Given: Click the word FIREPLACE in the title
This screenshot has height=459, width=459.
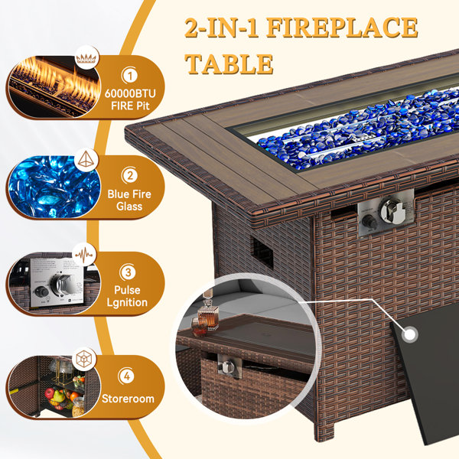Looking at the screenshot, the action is click(x=342, y=28).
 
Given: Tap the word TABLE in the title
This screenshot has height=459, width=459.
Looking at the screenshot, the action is click(x=229, y=63).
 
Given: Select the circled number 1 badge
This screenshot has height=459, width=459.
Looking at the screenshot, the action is click(x=130, y=76).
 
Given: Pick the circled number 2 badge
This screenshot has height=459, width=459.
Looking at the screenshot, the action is click(x=130, y=175).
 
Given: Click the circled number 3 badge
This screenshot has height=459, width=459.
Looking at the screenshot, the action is click(x=128, y=272).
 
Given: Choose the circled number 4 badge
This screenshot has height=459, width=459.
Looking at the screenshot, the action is click(x=127, y=376).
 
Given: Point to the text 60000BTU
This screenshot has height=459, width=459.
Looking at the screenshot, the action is click(x=130, y=93).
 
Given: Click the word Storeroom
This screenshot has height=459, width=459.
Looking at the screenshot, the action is click(x=128, y=399).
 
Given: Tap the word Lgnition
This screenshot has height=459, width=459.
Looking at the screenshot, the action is click(x=127, y=302).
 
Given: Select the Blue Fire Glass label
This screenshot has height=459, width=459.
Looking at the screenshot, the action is click(x=129, y=200).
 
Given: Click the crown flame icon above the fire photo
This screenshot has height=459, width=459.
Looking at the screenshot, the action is click(x=86, y=57).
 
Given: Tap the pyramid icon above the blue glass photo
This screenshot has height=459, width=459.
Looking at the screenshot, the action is click(x=86, y=159).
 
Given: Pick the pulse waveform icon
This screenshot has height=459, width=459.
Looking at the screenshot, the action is click(x=84, y=255).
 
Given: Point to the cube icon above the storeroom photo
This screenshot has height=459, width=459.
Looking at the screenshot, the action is click(x=84, y=359).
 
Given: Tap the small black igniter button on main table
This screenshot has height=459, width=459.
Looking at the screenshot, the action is click(x=369, y=222).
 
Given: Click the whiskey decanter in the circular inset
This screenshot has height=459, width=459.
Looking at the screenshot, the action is click(x=207, y=315).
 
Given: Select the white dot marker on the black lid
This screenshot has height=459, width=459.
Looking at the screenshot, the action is click(x=409, y=335).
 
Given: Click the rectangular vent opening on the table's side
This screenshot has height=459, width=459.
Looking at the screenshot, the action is click(x=262, y=252).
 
